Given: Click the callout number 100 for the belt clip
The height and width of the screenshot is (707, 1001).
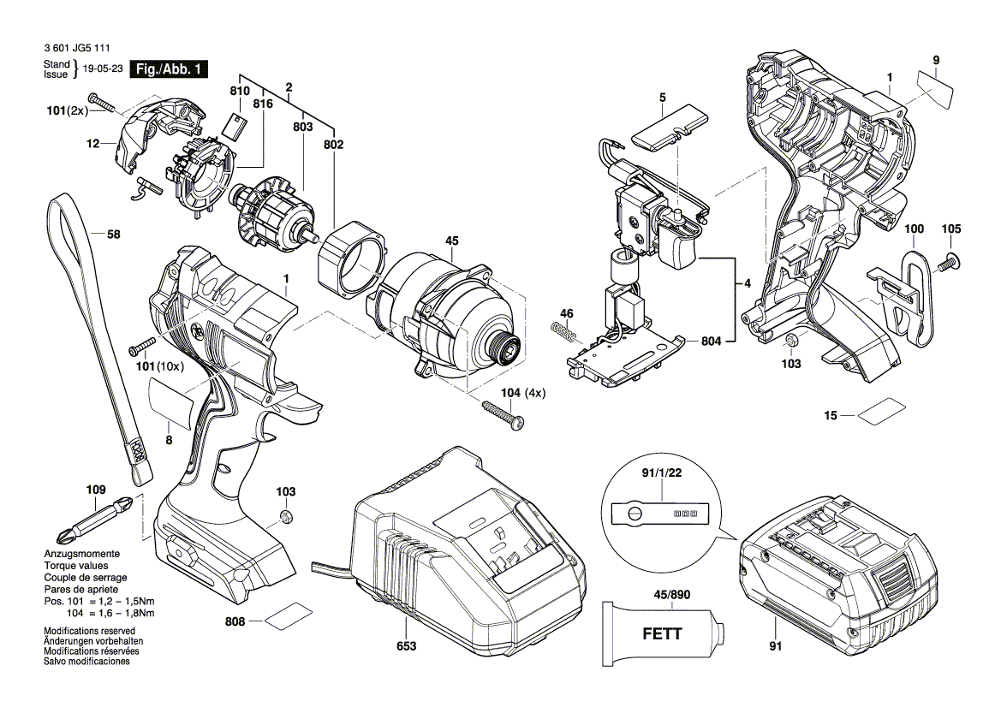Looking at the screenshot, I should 915,229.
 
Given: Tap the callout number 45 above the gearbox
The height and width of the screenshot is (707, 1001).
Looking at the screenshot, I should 452,241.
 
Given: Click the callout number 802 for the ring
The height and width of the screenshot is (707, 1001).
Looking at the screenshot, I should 333,146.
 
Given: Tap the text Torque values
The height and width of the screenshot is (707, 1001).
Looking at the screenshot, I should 76,566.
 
